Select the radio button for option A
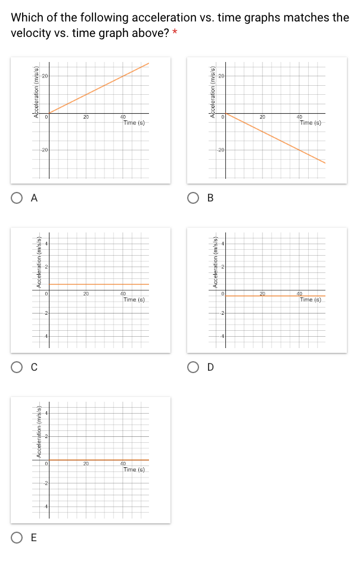(16, 199)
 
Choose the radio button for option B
(193, 198)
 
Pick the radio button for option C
(16, 368)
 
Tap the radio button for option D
(193, 367)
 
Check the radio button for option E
(16, 538)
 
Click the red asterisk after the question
(175, 33)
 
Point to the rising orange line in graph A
(98, 88)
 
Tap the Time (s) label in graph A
(134, 123)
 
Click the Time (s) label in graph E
(134, 470)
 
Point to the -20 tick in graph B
(221, 150)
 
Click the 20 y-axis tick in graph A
(44, 76)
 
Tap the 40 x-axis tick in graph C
(123, 294)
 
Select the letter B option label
(210, 198)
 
